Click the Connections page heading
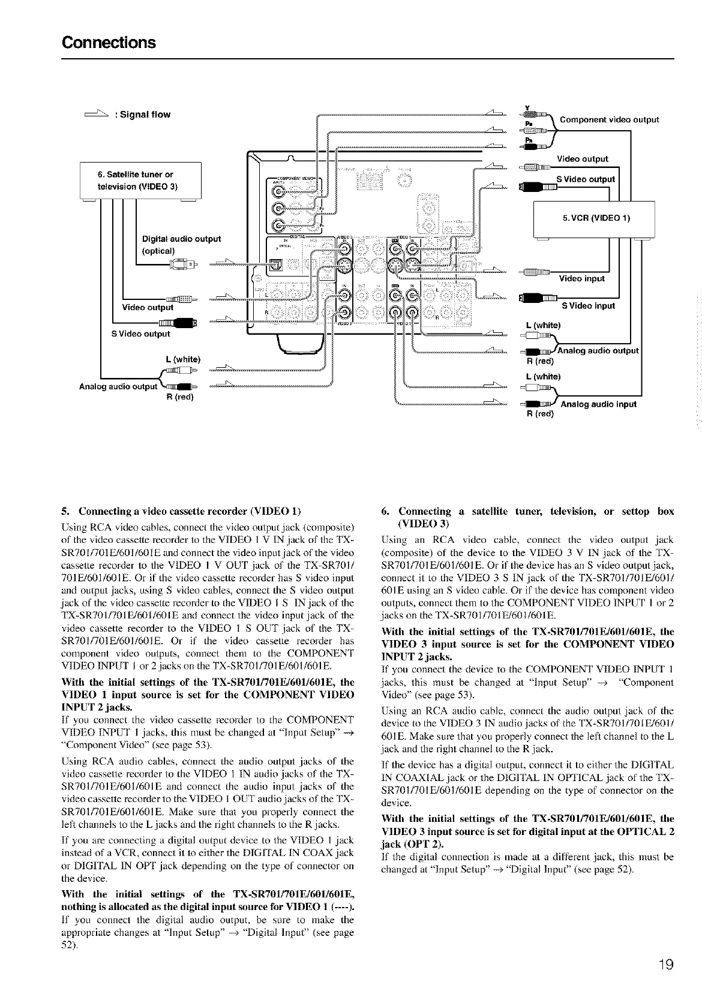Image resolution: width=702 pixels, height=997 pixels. [109, 43]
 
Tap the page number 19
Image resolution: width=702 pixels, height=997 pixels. [664, 964]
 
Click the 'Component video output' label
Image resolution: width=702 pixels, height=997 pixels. [609, 119]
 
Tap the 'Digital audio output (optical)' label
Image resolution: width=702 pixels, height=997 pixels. [181, 244]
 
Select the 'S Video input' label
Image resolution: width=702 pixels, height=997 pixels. [588, 306]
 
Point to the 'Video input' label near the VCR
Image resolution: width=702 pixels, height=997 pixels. [581, 278]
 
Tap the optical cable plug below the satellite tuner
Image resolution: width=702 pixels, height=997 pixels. [181, 263]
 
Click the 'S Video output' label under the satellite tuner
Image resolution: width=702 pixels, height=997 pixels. [140, 334]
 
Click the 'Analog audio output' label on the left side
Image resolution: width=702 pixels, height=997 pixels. [118, 386]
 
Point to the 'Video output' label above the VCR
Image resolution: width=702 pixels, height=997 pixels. [582, 159]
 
